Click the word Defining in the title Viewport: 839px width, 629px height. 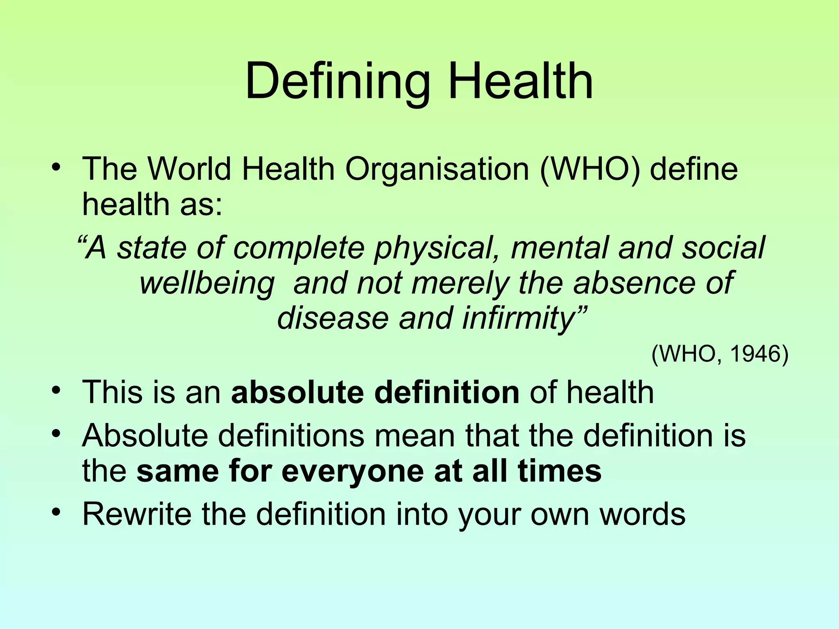pyautogui.click(x=337, y=82)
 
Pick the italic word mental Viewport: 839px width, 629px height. pyautogui.click(x=560, y=247)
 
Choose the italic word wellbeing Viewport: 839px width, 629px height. pyautogui.click(x=207, y=283)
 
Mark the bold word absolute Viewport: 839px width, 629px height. pyautogui.click(x=297, y=392)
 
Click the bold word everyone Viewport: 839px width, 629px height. pyautogui.click(x=353, y=471)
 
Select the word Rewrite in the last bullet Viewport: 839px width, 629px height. pyautogui.click(x=137, y=514)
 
